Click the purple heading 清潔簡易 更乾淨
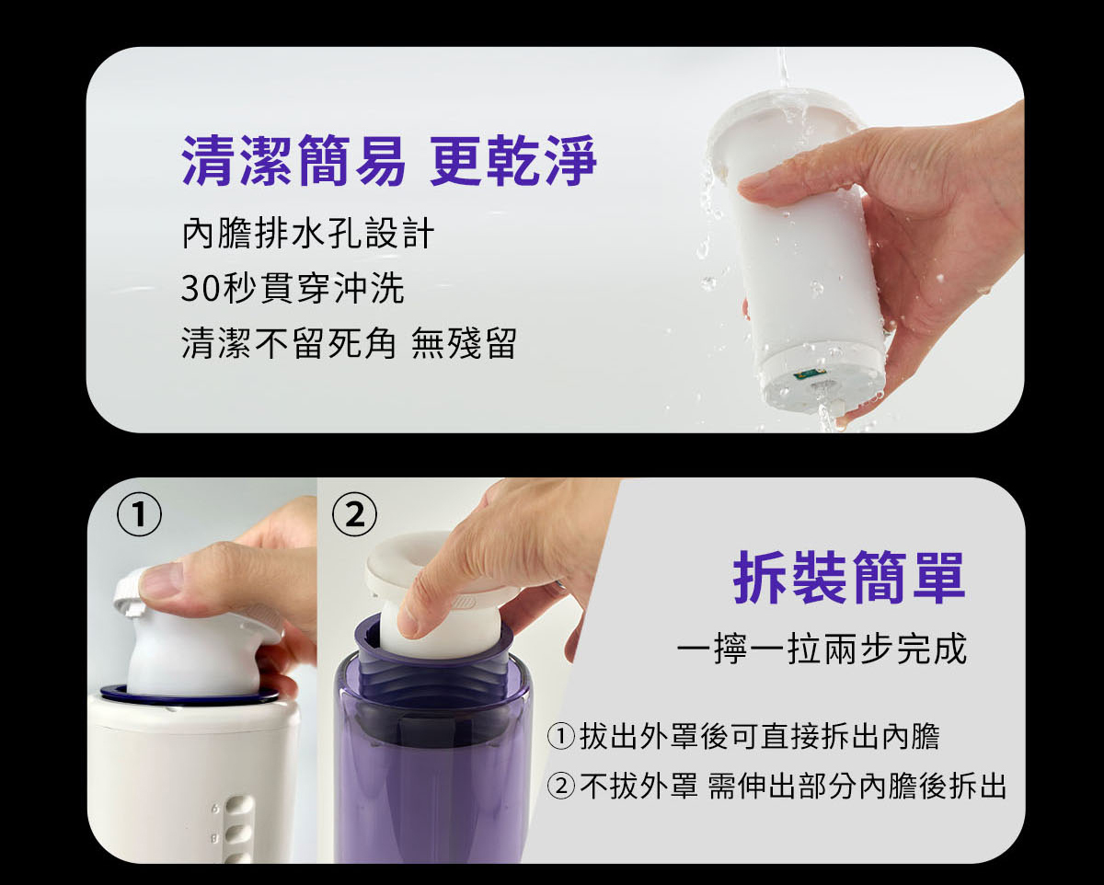388,161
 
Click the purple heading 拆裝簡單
848,578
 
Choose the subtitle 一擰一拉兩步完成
822,649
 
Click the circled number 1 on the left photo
139,516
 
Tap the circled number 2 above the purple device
354,516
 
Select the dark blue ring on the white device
189,696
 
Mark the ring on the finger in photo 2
560,584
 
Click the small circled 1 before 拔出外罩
560,736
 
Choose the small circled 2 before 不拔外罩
560,786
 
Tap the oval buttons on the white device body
237,830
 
